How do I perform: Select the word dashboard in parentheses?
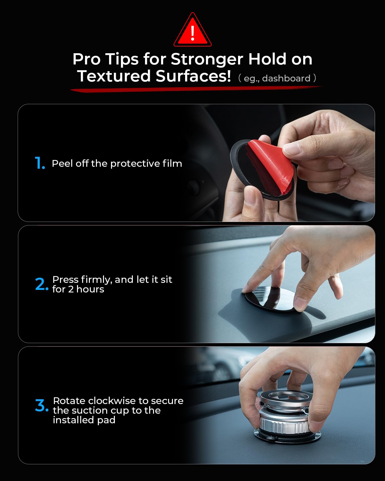click(286, 79)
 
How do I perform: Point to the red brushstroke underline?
click(196, 89)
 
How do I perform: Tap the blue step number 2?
click(42, 284)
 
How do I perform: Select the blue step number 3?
click(42, 405)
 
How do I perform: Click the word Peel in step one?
click(62, 164)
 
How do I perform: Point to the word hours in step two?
click(90, 290)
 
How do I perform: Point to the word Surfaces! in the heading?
click(193, 76)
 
